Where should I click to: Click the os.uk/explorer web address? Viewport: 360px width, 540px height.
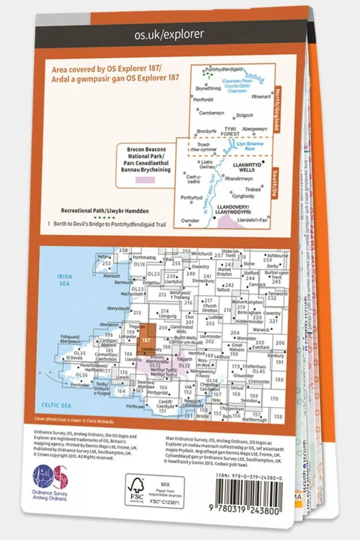tap(169, 35)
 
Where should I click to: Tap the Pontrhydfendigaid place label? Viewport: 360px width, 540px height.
tap(224, 69)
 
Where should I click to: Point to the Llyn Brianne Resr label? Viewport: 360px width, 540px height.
tap(250, 146)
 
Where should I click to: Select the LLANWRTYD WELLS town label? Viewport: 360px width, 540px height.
tap(247, 167)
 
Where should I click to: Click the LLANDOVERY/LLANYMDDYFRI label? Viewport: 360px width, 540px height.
tap(233, 209)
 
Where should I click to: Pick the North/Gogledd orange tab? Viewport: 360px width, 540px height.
tap(277, 109)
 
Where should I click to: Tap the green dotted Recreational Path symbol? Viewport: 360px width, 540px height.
tap(104, 218)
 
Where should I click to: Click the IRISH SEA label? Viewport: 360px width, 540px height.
tap(65, 280)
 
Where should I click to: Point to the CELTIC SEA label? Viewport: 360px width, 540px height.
tap(56, 405)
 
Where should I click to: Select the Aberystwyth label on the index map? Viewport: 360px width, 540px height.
tap(118, 308)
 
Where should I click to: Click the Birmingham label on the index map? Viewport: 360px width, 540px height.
tap(249, 313)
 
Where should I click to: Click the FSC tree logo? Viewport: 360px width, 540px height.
tap(137, 490)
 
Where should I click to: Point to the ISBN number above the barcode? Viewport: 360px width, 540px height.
tap(249, 478)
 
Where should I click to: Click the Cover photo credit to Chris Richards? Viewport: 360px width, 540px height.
tap(74, 420)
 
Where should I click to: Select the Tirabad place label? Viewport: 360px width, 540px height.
tap(253, 190)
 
